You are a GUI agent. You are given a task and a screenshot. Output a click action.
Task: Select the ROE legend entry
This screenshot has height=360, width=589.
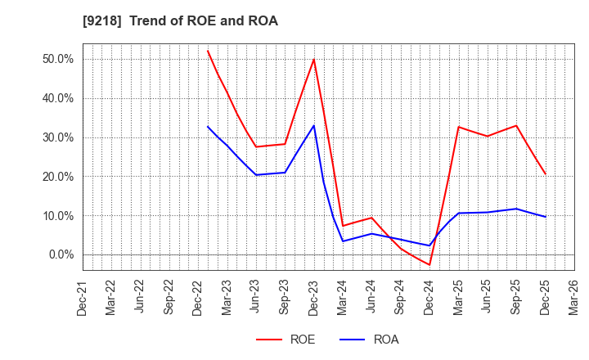click(x=286, y=340)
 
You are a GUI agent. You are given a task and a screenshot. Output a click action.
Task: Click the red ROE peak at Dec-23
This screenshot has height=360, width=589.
click(x=314, y=59)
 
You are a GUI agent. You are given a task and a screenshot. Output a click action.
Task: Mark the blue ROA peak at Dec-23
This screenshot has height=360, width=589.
click(x=314, y=125)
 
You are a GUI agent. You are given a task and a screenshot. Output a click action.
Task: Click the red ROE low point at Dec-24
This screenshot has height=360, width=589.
click(x=429, y=264)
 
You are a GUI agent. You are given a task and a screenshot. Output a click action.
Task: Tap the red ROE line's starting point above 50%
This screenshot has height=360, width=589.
click(x=208, y=51)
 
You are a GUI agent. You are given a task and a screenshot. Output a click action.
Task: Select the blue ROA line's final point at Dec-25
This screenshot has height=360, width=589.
click(x=546, y=217)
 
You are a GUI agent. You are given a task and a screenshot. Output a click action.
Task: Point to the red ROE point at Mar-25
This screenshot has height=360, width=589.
click(x=459, y=127)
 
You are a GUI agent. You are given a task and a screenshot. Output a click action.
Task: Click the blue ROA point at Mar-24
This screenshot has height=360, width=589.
click(x=343, y=241)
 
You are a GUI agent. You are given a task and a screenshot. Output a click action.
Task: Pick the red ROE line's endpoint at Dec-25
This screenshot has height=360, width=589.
click(x=546, y=174)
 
